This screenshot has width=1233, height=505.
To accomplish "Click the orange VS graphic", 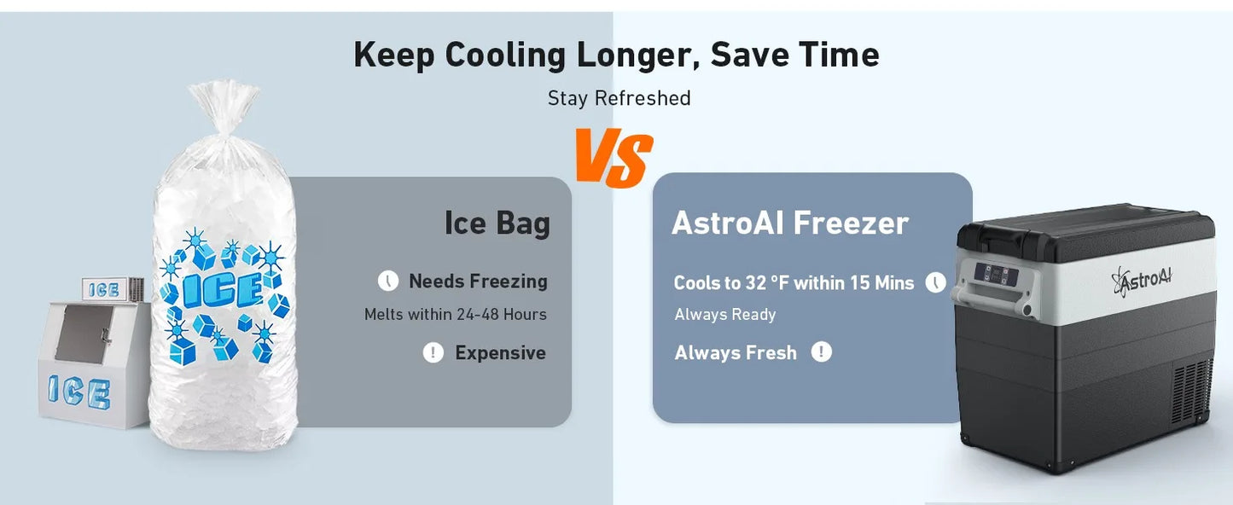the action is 614,158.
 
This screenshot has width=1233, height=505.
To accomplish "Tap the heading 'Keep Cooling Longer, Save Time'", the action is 616,55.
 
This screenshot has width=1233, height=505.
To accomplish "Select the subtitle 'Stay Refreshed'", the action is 619,98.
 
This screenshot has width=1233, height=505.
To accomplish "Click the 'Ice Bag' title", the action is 497,223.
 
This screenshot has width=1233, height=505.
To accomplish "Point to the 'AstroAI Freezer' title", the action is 790,223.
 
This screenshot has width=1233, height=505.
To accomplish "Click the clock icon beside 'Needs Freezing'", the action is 388,281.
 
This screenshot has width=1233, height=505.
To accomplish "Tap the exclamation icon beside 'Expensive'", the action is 433,352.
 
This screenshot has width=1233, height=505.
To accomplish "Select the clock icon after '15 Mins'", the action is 935,282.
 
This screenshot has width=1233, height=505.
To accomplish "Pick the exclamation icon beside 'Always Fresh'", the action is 821,351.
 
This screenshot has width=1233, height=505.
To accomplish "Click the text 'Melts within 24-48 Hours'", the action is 455,314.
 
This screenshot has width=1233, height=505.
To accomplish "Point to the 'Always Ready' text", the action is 725,314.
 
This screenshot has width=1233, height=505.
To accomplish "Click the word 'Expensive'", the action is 500,352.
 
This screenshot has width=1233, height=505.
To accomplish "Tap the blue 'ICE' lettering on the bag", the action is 223,289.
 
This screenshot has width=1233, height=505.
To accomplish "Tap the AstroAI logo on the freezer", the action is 1143,281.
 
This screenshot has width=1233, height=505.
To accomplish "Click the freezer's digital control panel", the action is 996,275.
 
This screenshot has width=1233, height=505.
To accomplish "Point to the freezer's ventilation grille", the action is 1192,391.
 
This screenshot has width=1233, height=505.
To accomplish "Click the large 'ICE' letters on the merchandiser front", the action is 79,392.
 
